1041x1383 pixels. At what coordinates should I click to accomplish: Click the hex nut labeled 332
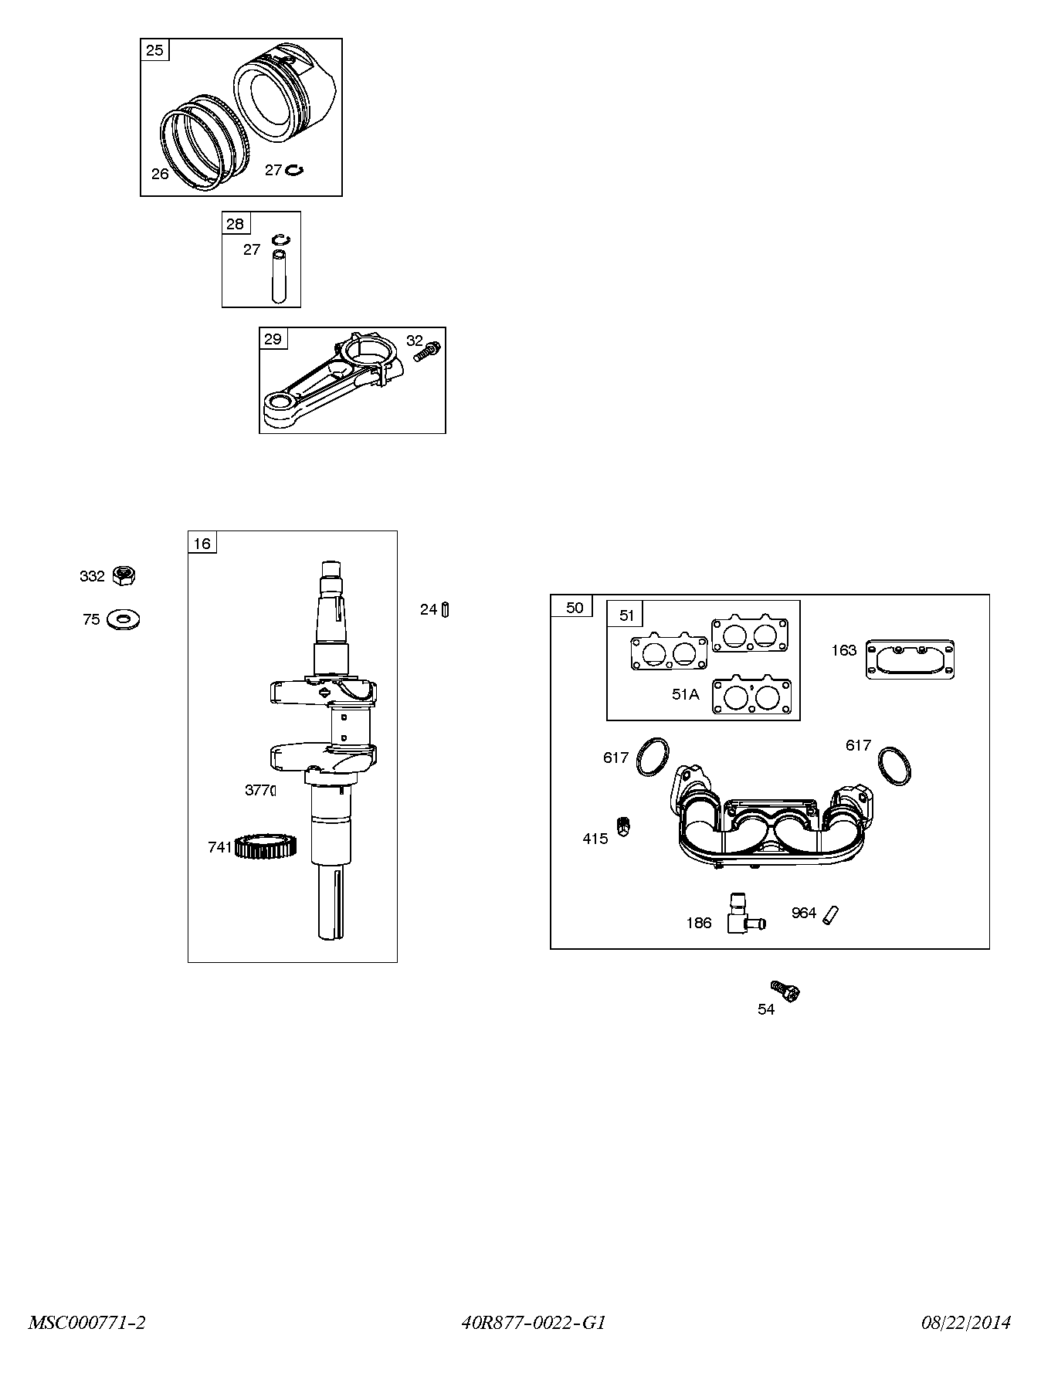tap(124, 575)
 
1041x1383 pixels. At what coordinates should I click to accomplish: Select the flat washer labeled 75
tap(124, 619)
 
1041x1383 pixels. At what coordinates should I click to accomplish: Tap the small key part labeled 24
tap(446, 610)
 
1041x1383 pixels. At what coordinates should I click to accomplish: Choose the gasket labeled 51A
tap(754, 695)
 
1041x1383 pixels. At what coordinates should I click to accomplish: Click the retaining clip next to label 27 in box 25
tap(294, 170)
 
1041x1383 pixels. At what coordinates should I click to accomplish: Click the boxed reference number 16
tap(202, 544)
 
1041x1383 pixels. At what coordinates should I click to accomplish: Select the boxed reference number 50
tap(573, 607)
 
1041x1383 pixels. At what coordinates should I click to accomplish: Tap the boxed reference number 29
tap(273, 339)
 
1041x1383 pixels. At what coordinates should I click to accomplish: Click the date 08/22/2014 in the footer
tap(965, 1323)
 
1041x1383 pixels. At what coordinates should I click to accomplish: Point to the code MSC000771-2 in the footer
tap(87, 1323)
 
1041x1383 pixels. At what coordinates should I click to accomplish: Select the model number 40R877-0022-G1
tap(534, 1323)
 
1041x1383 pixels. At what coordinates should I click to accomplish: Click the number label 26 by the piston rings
tap(160, 174)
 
